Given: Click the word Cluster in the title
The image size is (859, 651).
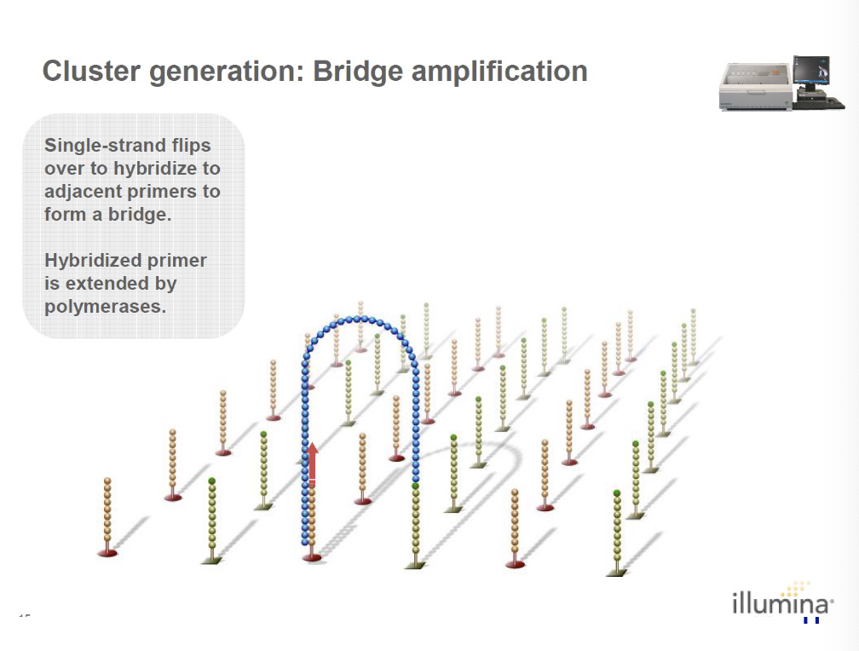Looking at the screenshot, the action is tap(92, 71).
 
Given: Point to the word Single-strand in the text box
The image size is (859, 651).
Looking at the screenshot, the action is tap(101, 146).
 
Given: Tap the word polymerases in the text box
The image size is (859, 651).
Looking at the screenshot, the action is tap(105, 306).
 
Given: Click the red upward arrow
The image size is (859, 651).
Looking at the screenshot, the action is tap(313, 464).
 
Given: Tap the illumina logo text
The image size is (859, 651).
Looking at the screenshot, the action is tap(779, 605).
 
